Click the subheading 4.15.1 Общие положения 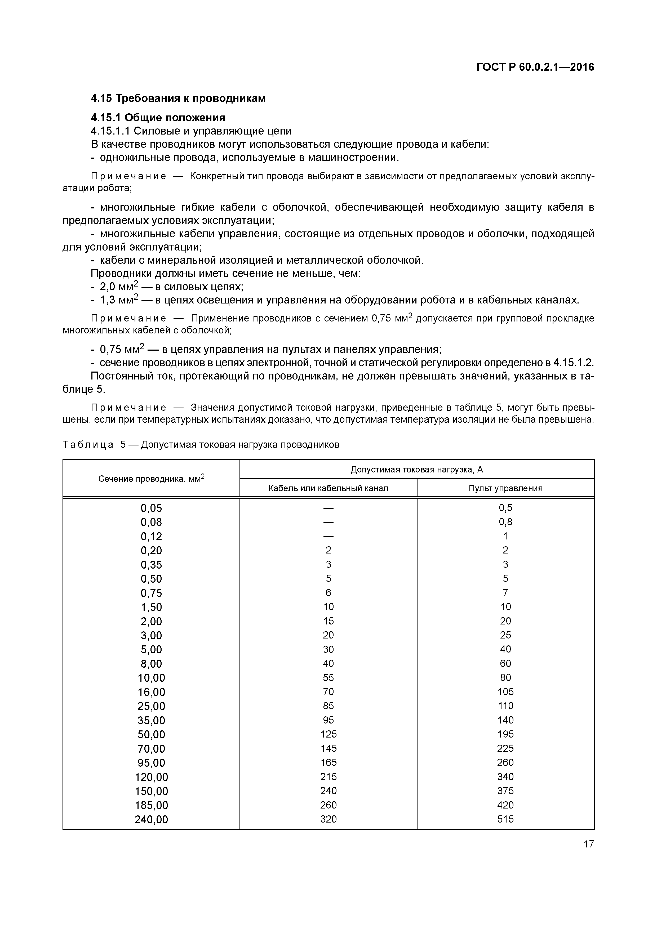click(158, 118)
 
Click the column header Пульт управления click(505, 488)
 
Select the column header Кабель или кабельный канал click(328, 488)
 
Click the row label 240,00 click(151, 819)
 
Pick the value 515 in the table click(505, 819)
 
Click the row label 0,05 click(151, 508)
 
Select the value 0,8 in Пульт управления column click(505, 522)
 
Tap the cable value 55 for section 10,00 click(328, 677)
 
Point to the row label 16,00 click(151, 692)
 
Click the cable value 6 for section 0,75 click(328, 593)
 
